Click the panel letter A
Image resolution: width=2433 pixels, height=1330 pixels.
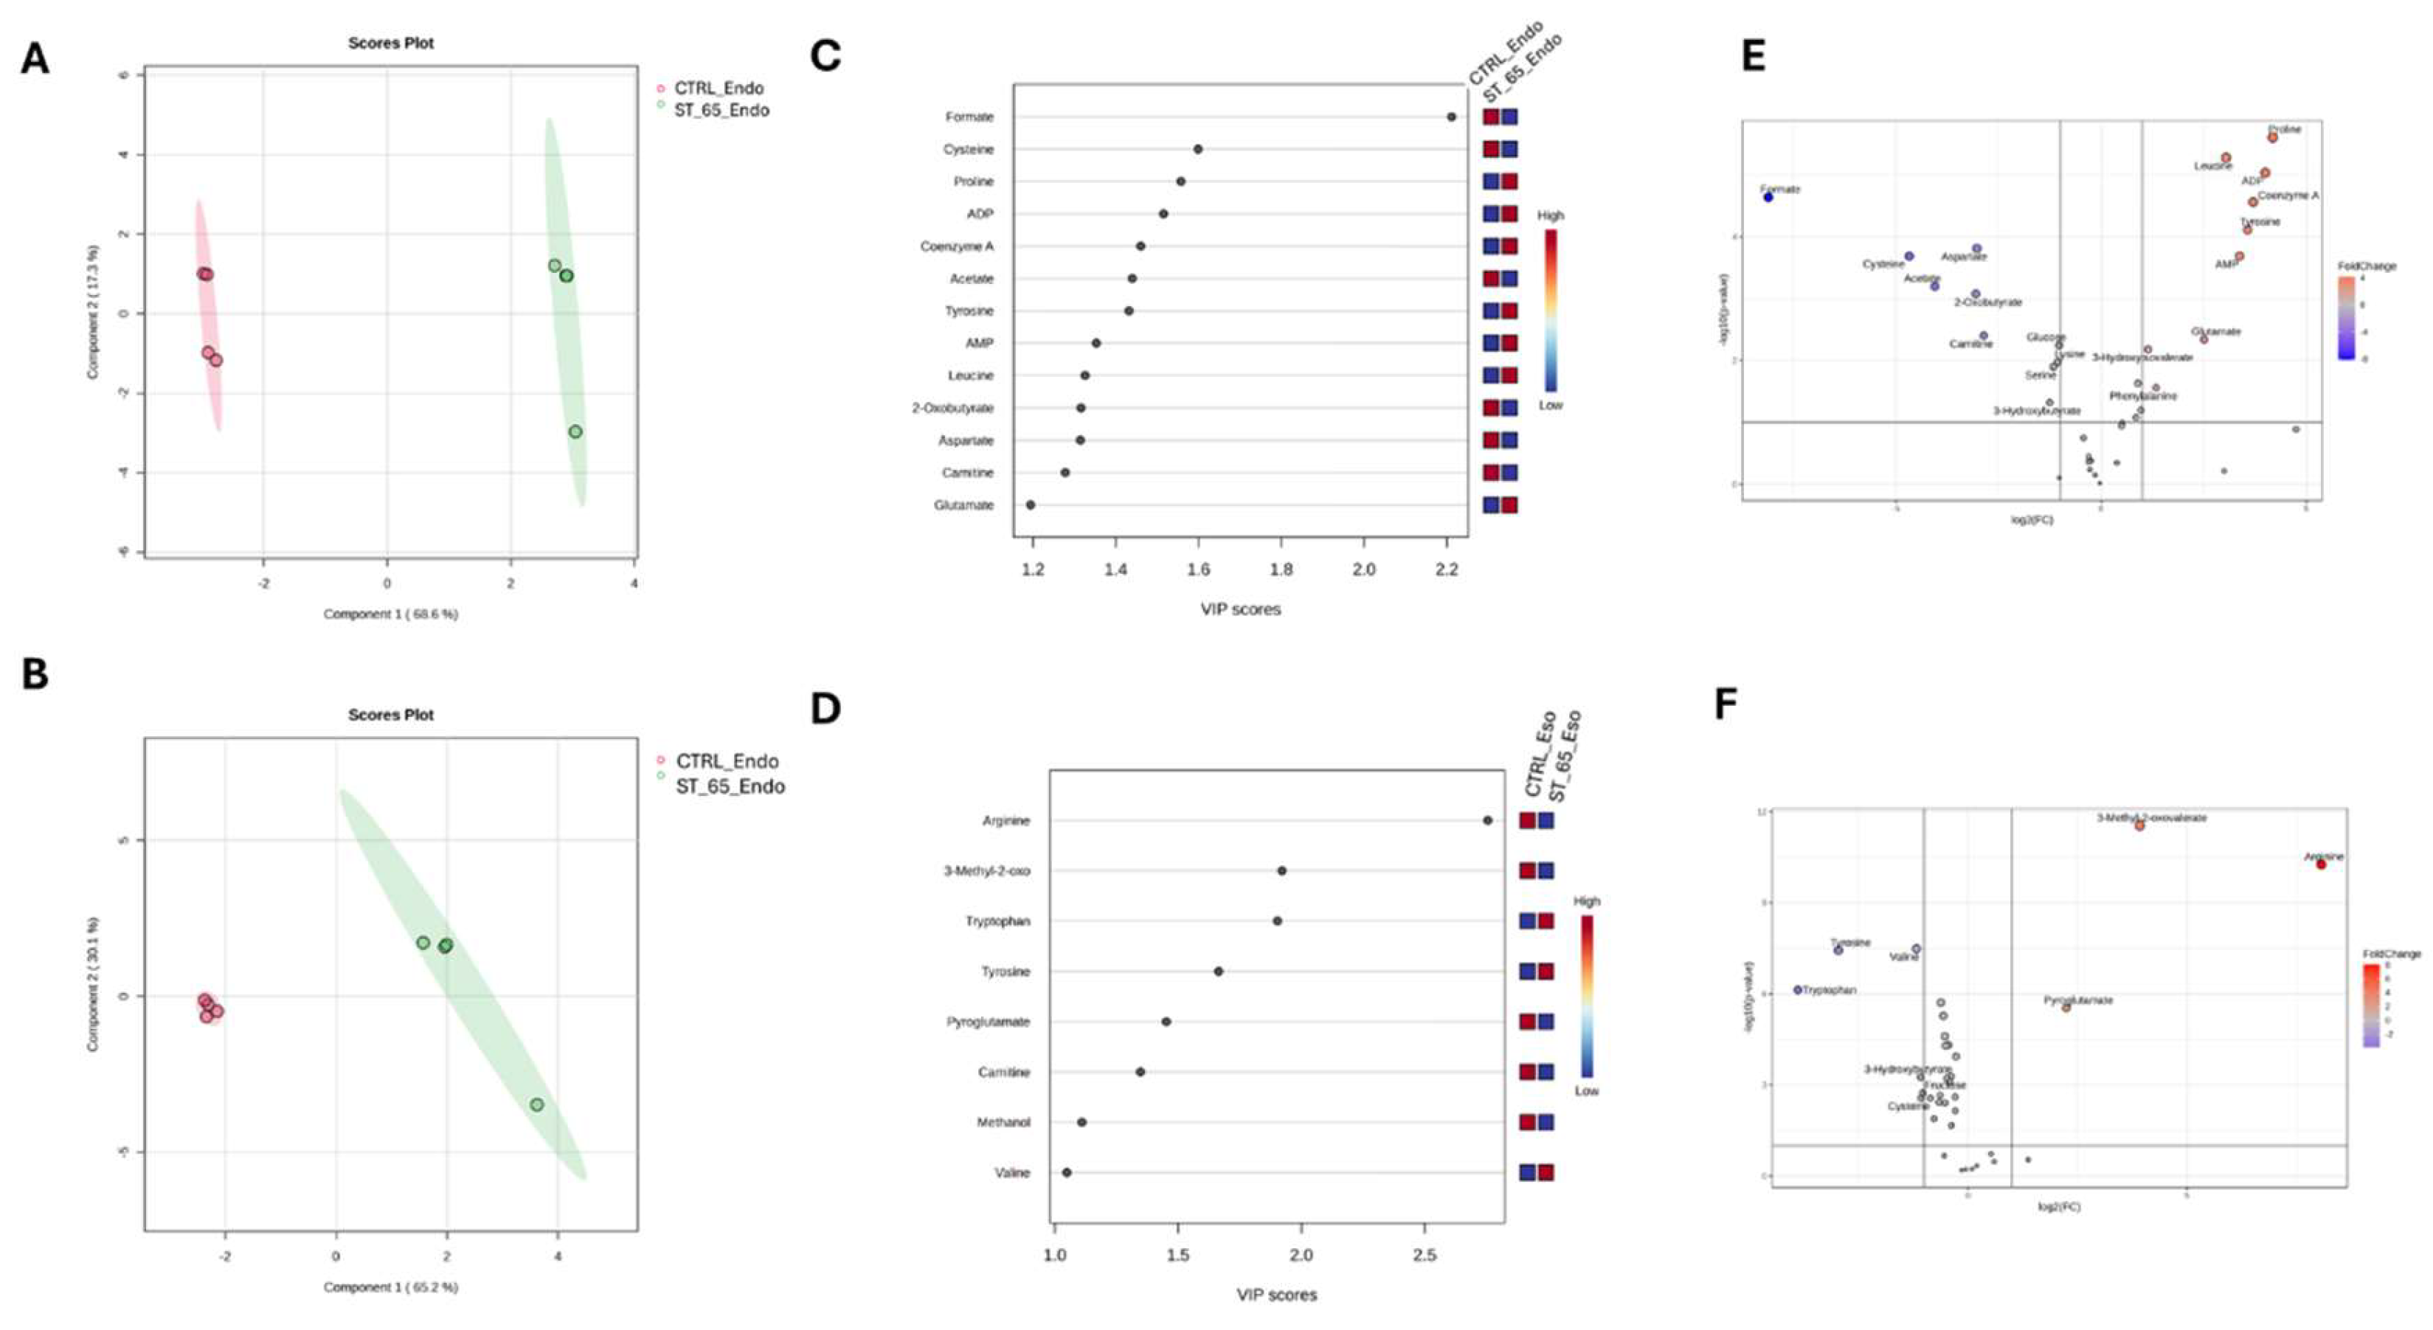35,58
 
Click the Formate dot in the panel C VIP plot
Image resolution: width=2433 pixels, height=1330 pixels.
1451,117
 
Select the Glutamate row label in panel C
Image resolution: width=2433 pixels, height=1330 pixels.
963,505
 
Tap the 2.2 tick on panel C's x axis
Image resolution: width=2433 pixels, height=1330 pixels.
1446,569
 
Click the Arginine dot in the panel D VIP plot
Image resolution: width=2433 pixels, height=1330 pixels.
1487,821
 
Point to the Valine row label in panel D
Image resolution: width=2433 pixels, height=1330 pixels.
1011,1173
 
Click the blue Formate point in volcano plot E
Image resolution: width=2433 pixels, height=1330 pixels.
1768,198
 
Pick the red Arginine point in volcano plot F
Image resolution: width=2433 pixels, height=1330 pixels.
2321,865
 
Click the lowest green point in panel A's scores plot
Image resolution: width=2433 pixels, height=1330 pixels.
575,432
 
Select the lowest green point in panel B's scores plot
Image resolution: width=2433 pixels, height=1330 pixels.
536,1104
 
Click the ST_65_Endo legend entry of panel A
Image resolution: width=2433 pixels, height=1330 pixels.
721,111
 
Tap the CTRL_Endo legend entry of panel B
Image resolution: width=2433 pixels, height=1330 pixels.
727,761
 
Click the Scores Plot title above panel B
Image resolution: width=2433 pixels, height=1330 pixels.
390,715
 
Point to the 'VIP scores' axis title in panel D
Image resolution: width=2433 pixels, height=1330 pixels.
1276,1295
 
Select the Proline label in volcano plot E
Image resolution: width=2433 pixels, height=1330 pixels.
2285,129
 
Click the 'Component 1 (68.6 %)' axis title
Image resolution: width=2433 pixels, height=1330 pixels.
390,614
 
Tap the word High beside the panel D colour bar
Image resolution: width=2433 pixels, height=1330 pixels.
1587,901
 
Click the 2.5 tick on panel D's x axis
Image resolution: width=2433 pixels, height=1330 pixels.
1425,1255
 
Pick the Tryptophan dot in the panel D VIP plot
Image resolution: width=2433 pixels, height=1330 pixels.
1277,921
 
